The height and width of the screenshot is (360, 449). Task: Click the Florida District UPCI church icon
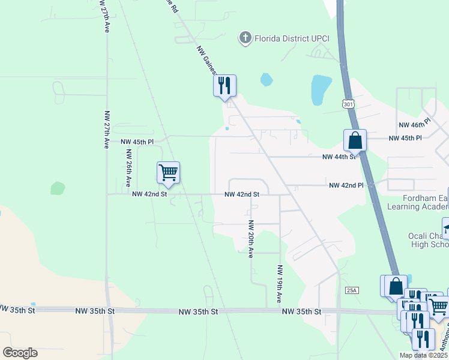click(245, 38)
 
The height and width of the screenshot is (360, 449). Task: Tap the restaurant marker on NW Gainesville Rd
click(224, 85)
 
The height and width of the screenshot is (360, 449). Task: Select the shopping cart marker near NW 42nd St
click(169, 172)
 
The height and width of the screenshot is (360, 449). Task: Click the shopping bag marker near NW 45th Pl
click(355, 140)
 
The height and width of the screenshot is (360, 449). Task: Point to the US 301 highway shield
click(349, 104)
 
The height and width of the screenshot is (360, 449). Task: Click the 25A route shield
click(352, 290)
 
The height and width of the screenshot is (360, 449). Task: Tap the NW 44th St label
click(339, 157)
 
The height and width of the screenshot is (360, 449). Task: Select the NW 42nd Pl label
click(346, 186)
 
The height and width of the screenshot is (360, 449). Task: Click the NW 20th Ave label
click(251, 239)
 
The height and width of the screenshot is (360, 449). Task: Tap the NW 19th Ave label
click(279, 283)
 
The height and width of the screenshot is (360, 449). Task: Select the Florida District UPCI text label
click(284, 38)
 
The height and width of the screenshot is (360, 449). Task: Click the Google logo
click(20, 353)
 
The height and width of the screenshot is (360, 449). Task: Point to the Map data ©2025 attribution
click(423, 355)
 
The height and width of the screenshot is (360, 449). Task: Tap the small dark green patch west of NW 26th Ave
click(57, 188)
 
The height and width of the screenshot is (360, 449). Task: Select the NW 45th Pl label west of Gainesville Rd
click(137, 142)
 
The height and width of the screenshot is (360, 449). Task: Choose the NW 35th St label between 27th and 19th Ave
click(95, 311)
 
